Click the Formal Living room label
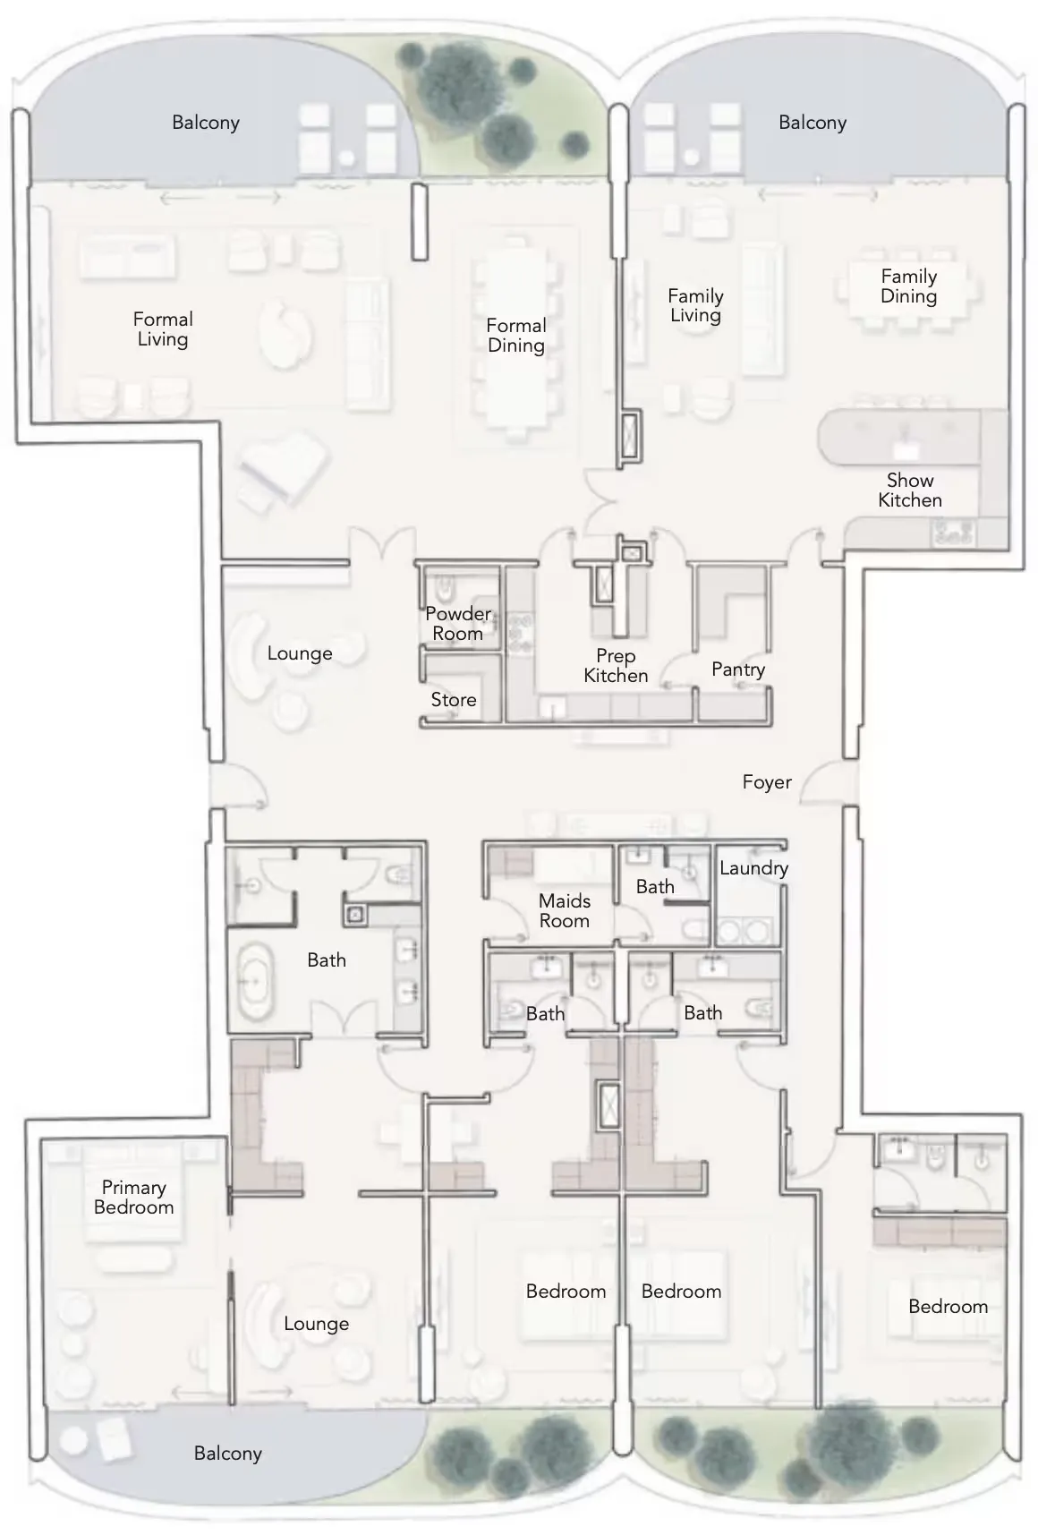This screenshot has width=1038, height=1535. pyautogui.click(x=163, y=329)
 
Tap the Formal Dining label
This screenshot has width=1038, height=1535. pyautogui.click(x=516, y=336)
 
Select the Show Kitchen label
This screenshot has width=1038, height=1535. pyautogui.click(x=910, y=490)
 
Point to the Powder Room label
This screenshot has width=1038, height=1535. pyautogui.click(x=458, y=624)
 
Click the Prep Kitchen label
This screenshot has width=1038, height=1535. pyautogui.click(x=616, y=666)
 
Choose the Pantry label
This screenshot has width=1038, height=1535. pyautogui.click(x=738, y=669)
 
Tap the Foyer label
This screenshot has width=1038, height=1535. pyautogui.click(x=767, y=782)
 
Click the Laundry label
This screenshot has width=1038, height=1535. pyautogui.click(x=753, y=868)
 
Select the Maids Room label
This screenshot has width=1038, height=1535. pyautogui.click(x=565, y=911)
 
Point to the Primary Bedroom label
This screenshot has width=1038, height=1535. pyautogui.click(x=134, y=1198)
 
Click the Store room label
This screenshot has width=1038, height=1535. pyautogui.click(x=454, y=700)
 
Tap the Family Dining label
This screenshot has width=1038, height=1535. pyautogui.click(x=909, y=286)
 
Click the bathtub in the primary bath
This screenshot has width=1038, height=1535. pyautogui.click(x=257, y=980)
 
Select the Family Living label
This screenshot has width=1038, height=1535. pyautogui.click(x=695, y=305)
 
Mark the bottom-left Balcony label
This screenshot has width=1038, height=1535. pyautogui.click(x=228, y=1454)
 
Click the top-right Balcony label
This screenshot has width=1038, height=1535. pyautogui.click(x=813, y=123)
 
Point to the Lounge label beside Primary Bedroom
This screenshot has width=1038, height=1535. pyautogui.click(x=316, y=1324)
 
